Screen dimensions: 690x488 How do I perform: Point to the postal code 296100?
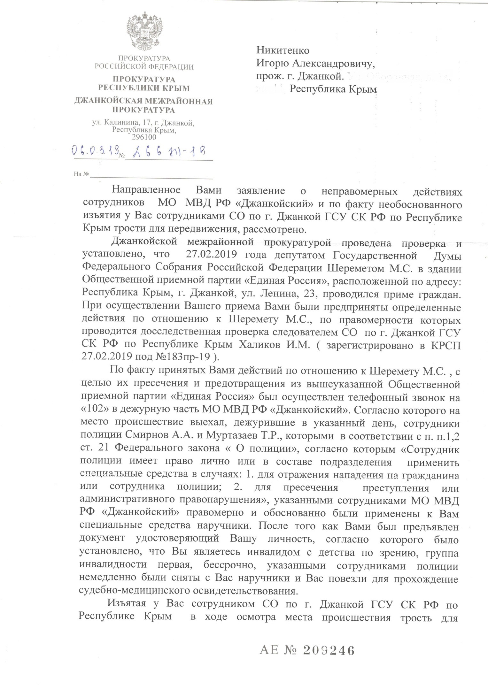click(144, 137)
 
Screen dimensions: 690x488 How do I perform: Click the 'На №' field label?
click(81, 174)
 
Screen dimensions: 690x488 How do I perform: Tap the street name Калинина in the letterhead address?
click(125, 122)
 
